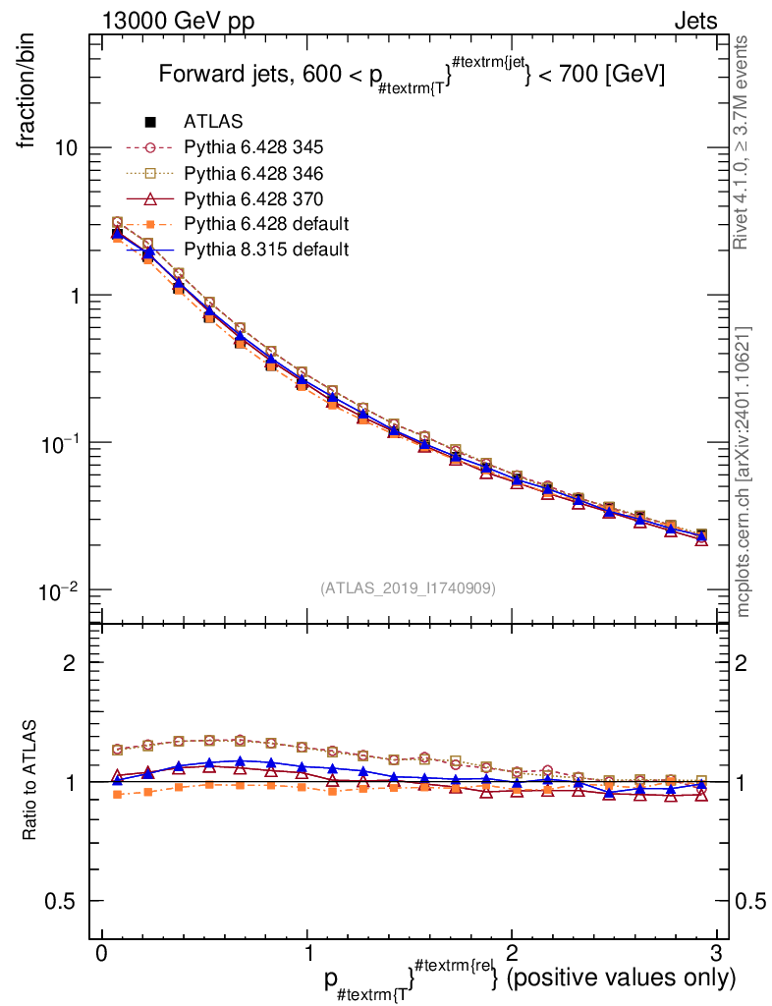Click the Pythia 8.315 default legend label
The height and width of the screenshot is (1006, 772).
265,250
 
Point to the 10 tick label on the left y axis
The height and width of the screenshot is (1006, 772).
68,148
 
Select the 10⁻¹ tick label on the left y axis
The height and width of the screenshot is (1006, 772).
60,443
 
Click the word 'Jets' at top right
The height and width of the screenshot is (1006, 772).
694,22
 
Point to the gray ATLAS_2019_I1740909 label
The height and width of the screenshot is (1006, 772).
408,587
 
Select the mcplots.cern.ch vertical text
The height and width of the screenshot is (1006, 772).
744,472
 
